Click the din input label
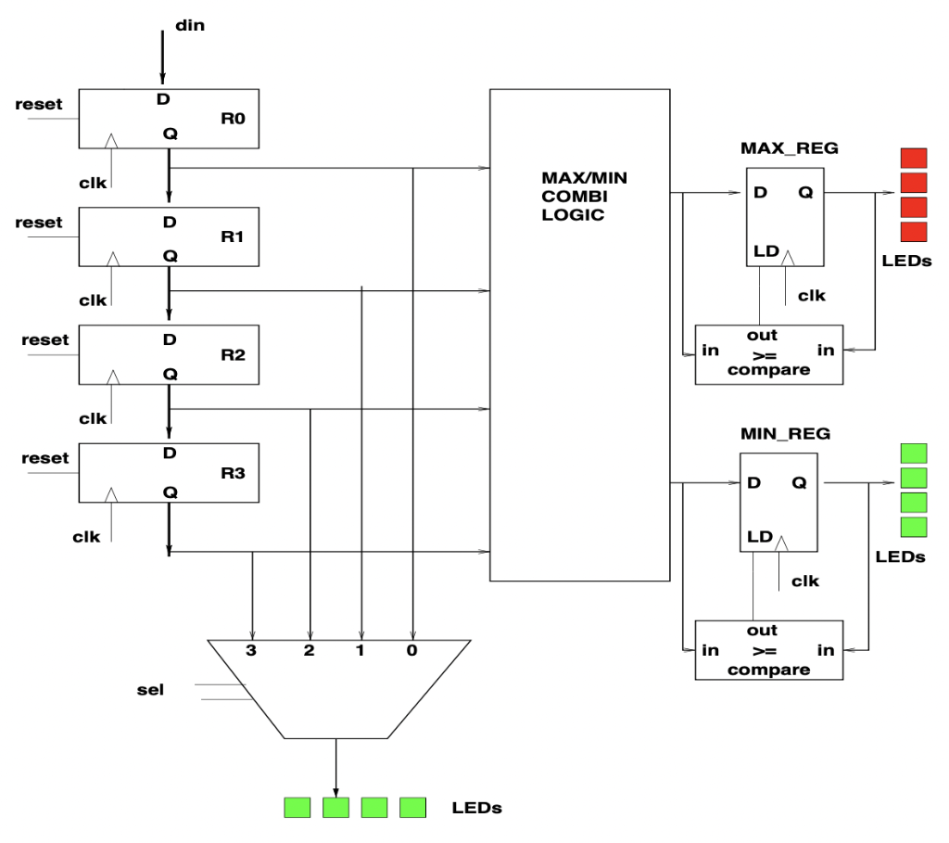[x=190, y=26]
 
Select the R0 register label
[x=232, y=118]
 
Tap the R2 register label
[x=232, y=355]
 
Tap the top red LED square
[x=914, y=158]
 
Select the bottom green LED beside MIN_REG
[x=914, y=526]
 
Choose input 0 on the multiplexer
[x=411, y=651]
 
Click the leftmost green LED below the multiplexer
[x=297, y=808]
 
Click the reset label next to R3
[x=45, y=458]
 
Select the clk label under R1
[x=93, y=300]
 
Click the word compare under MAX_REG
[x=769, y=370]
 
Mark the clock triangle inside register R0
[x=110, y=140]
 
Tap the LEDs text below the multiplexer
[x=476, y=808]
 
